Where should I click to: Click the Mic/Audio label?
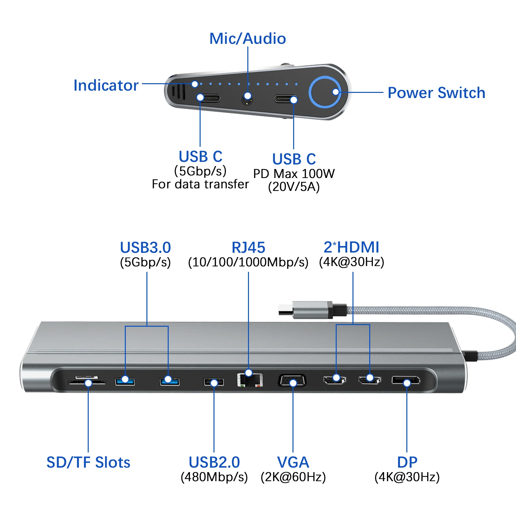[247, 39]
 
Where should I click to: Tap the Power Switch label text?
[436, 93]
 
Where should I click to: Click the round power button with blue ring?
[325, 93]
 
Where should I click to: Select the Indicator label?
[106, 85]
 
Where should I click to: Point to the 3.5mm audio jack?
[247, 99]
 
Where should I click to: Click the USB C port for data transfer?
[209, 98]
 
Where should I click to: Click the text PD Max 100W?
[294, 174]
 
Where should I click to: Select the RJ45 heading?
[248, 248]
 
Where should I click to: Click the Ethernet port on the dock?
[250, 380]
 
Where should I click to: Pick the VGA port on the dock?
[293, 381]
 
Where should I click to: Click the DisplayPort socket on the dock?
[406, 381]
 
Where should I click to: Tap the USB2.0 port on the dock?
[214, 382]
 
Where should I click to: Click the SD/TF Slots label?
[88, 462]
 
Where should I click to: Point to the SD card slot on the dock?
[86, 382]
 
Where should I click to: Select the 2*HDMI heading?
[352, 247]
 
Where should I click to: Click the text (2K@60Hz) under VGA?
[293, 477]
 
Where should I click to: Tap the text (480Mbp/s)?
[214, 477]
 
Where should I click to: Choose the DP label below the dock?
[407, 462]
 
